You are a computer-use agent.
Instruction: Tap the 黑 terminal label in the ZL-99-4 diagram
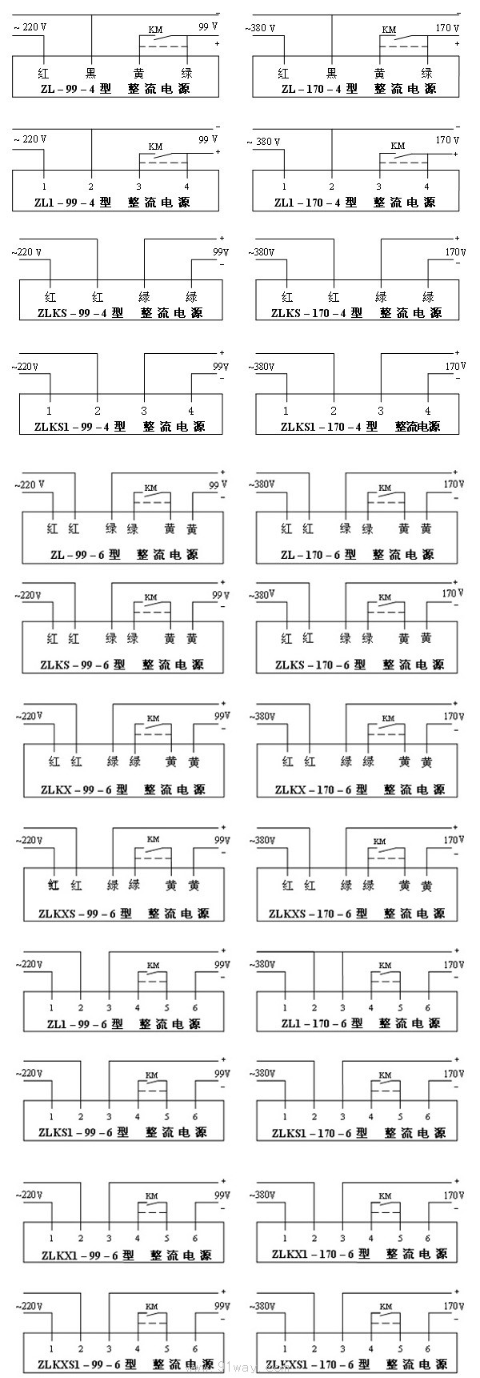tap(91, 73)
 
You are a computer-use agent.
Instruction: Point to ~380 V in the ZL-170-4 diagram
tap(260, 29)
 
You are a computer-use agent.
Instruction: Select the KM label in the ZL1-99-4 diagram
tap(155, 147)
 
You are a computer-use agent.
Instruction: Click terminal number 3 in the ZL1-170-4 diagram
tap(379, 187)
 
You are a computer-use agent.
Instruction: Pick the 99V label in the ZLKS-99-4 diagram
tap(220, 252)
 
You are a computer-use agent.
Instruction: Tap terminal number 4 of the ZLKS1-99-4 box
tap(191, 411)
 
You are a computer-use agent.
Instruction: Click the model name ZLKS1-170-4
tap(329, 427)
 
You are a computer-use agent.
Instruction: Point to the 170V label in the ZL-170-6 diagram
tap(454, 485)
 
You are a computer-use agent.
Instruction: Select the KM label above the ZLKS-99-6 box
tap(150, 597)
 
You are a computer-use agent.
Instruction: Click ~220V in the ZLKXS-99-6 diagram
tap(30, 840)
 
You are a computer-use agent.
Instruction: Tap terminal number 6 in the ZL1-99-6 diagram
tap(195, 1007)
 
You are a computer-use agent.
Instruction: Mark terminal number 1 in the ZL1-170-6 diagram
tap(286, 1007)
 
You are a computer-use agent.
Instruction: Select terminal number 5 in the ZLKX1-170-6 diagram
tap(400, 1238)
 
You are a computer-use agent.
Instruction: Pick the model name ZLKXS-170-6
tap(318, 914)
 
